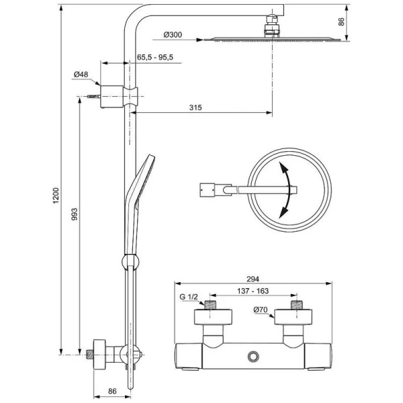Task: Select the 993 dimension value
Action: coord(75,214)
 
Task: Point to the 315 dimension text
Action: coord(195,107)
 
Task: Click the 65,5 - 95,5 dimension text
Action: coord(155,58)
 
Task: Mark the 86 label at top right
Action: coord(341,21)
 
